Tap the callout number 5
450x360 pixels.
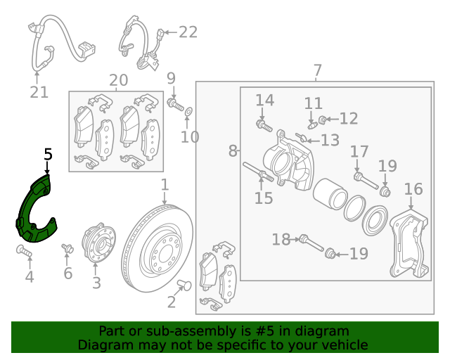(x=48, y=154)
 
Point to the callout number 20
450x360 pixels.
(x=118, y=80)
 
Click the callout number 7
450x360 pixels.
(x=317, y=70)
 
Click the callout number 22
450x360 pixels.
(x=188, y=32)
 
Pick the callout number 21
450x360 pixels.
(x=40, y=91)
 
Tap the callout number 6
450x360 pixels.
(x=67, y=274)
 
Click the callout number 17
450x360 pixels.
(x=359, y=151)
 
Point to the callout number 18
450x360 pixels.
(x=281, y=240)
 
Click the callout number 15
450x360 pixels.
(x=263, y=198)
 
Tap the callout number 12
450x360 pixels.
(x=348, y=119)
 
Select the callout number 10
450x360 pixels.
(x=190, y=136)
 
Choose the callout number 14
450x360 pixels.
(x=263, y=100)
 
